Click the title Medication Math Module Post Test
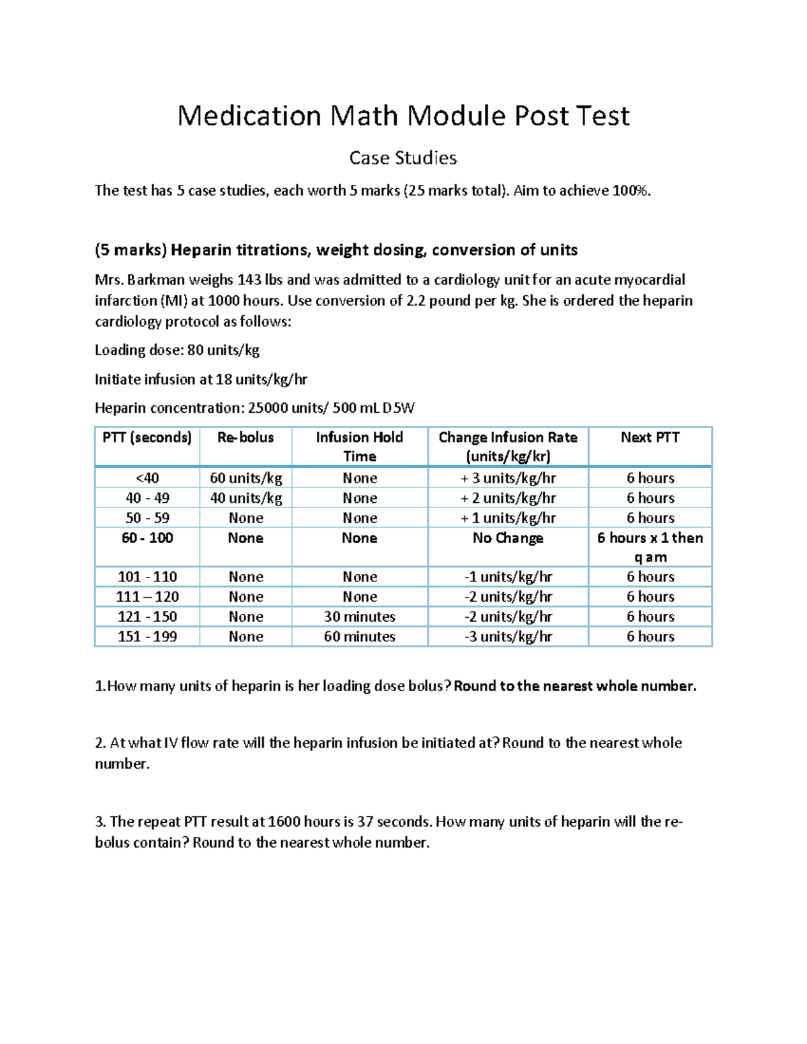pyautogui.click(x=403, y=116)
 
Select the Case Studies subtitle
pyautogui.click(x=403, y=158)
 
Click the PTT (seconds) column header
pyautogui.click(x=147, y=438)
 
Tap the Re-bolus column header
pyautogui.click(x=245, y=438)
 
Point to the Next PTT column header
pyautogui.click(x=650, y=438)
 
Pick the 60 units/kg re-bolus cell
pyautogui.click(x=245, y=478)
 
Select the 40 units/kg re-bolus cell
pyautogui.click(x=245, y=498)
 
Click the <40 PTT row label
pyautogui.click(x=147, y=478)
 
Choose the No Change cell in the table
pyautogui.click(x=508, y=538)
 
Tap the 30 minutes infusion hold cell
pyautogui.click(x=359, y=616)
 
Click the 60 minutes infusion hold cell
pyautogui.click(x=359, y=637)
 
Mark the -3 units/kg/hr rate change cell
pyautogui.click(x=508, y=637)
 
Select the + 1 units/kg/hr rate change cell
pyautogui.click(x=508, y=518)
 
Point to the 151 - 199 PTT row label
pyautogui.click(x=147, y=637)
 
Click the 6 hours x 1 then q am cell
pyautogui.click(x=650, y=547)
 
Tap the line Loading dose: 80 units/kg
pyautogui.click(x=177, y=350)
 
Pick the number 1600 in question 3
pyautogui.click(x=284, y=821)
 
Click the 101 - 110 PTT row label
pyautogui.click(x=147, y=577)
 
